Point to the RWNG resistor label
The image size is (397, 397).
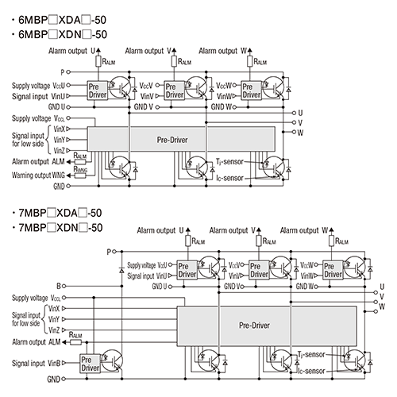coord(80,168)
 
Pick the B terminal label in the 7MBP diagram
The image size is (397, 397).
coord(59,284)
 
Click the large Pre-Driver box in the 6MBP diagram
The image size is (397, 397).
coord(179,139)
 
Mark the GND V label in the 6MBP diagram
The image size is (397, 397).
coord(145,106)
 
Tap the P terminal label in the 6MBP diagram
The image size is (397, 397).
coord(60,71)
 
